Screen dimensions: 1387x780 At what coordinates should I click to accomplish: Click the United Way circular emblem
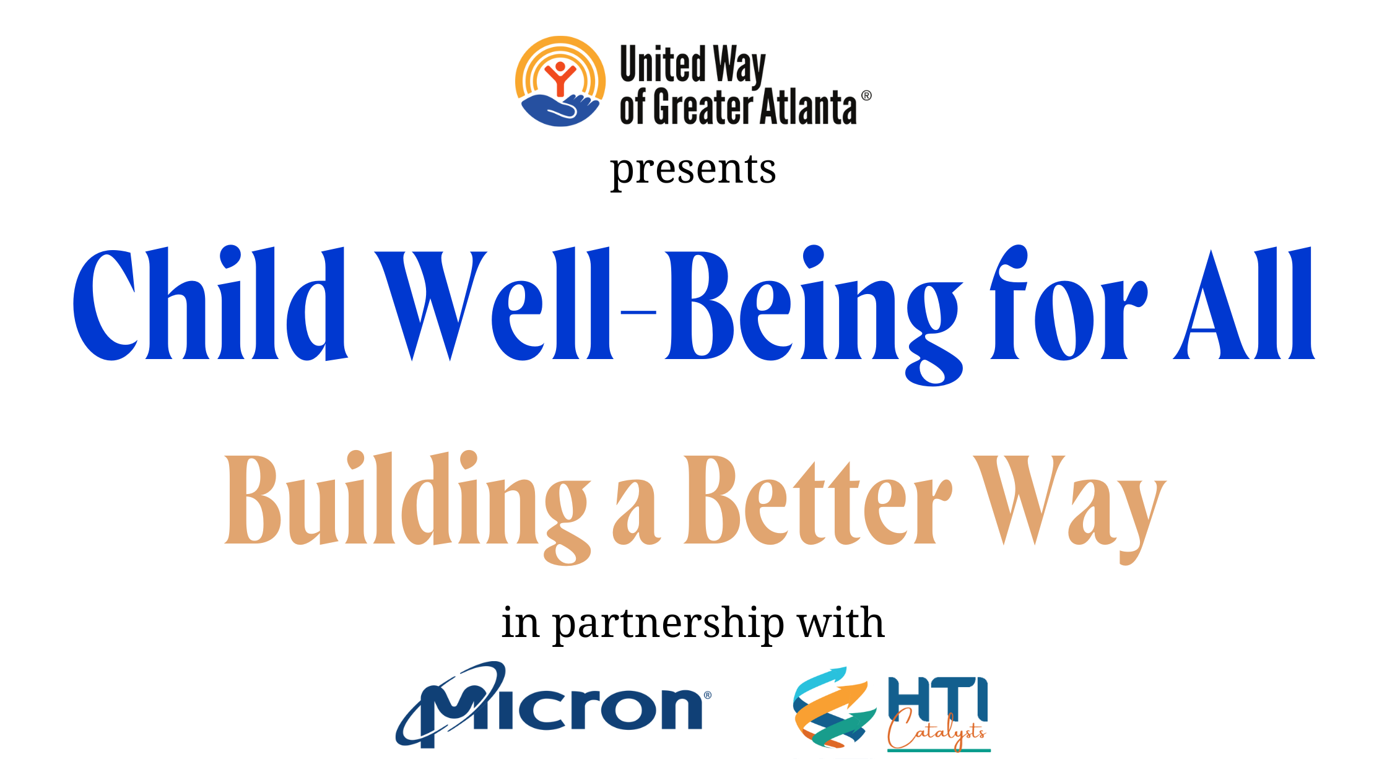pos(560,81)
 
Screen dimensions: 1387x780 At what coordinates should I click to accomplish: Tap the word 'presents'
pos(693,170)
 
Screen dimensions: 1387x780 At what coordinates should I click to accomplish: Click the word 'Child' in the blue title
pos(210,303)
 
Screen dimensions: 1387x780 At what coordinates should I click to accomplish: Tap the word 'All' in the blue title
pos(1244,303)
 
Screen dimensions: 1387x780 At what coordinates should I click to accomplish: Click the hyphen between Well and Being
pos(638,313)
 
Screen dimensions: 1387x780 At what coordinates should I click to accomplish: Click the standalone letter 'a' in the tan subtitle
pos(637,513)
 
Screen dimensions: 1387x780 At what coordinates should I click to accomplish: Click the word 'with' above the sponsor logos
pos(841,622)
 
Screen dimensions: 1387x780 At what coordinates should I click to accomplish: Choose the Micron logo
pos(554,705)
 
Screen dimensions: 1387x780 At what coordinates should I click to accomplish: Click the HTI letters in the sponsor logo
pos(938,698)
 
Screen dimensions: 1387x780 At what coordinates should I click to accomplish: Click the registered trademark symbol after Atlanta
pos(866,95)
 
